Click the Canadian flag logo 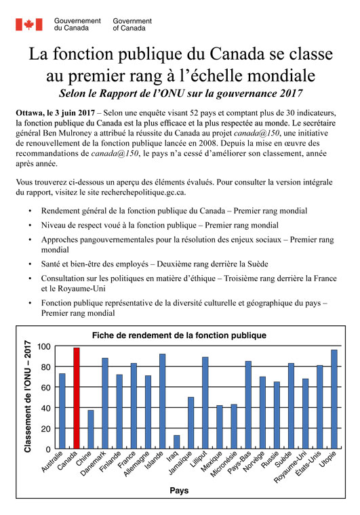28,24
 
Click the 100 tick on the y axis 43,346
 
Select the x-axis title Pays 179,490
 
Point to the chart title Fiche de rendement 179,335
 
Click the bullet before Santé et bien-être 29,263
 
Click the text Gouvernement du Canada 77,25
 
